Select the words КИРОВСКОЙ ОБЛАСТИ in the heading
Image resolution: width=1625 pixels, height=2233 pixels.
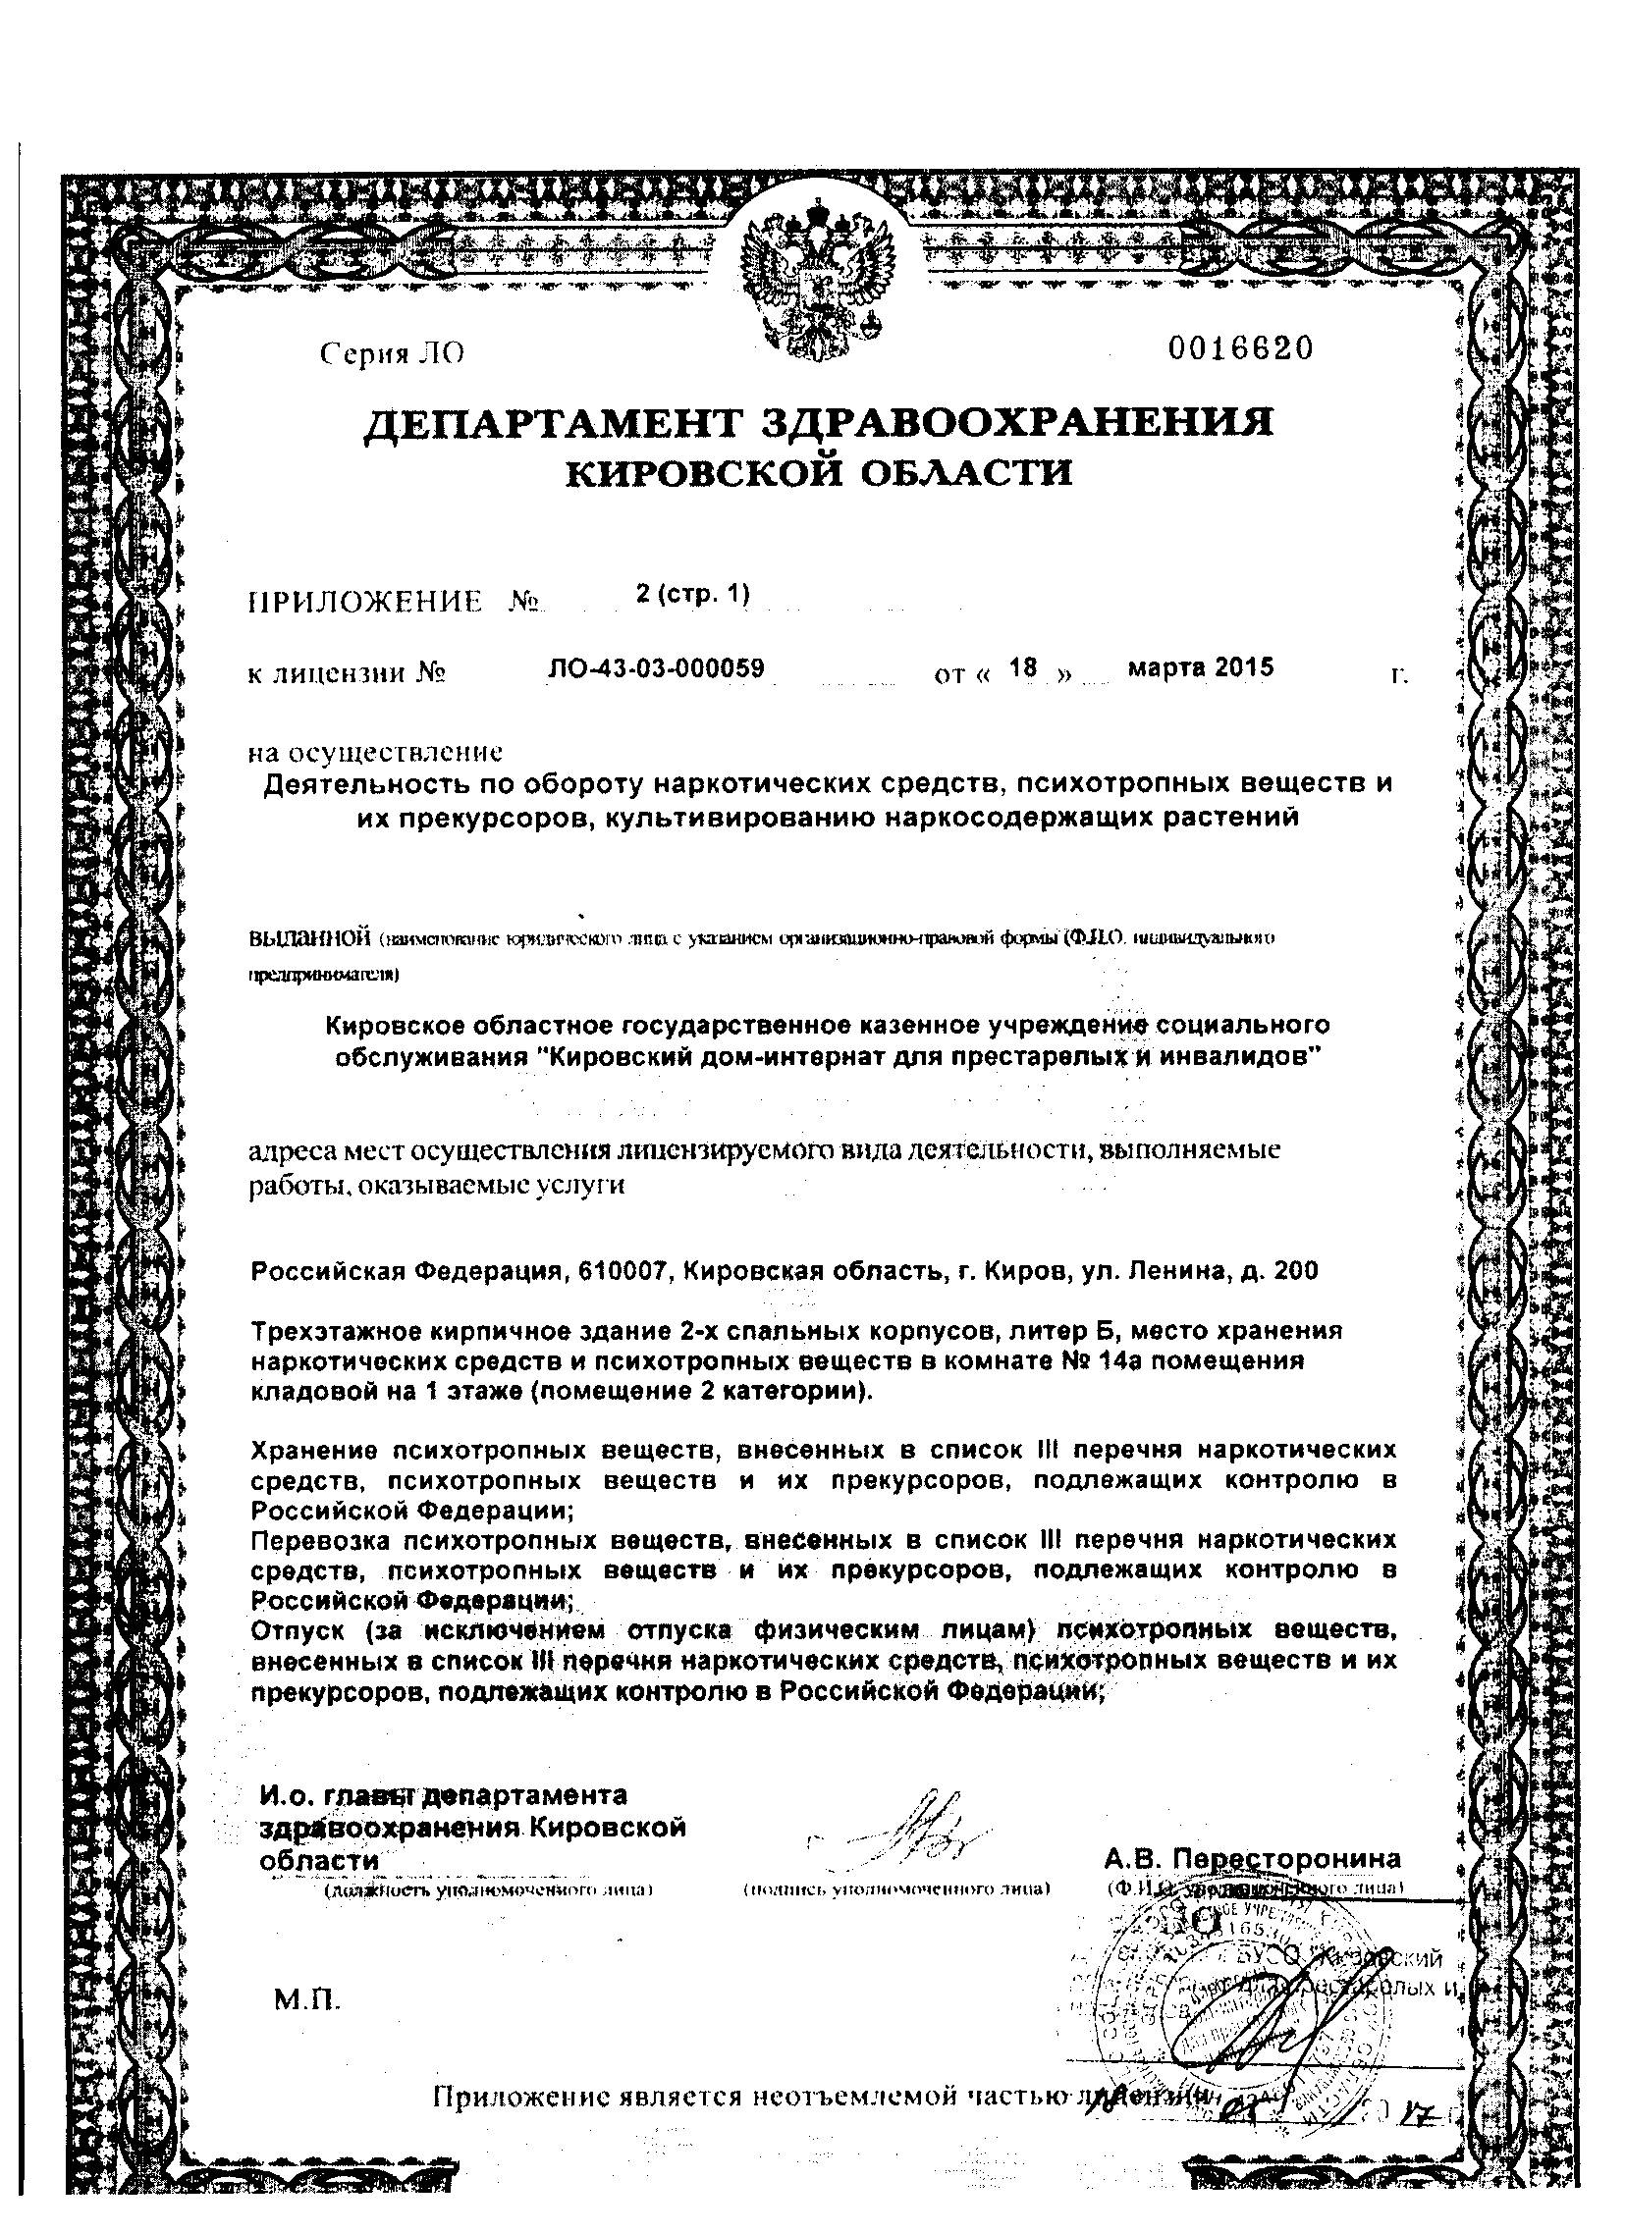818,475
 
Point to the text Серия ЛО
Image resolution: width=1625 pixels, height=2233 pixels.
392,355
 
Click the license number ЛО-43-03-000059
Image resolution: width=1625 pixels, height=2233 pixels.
656,668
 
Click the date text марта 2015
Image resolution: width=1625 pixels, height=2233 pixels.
1201,667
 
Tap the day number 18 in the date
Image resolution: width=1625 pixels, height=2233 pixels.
1023,668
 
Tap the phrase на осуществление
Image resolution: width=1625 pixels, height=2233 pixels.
375,753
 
